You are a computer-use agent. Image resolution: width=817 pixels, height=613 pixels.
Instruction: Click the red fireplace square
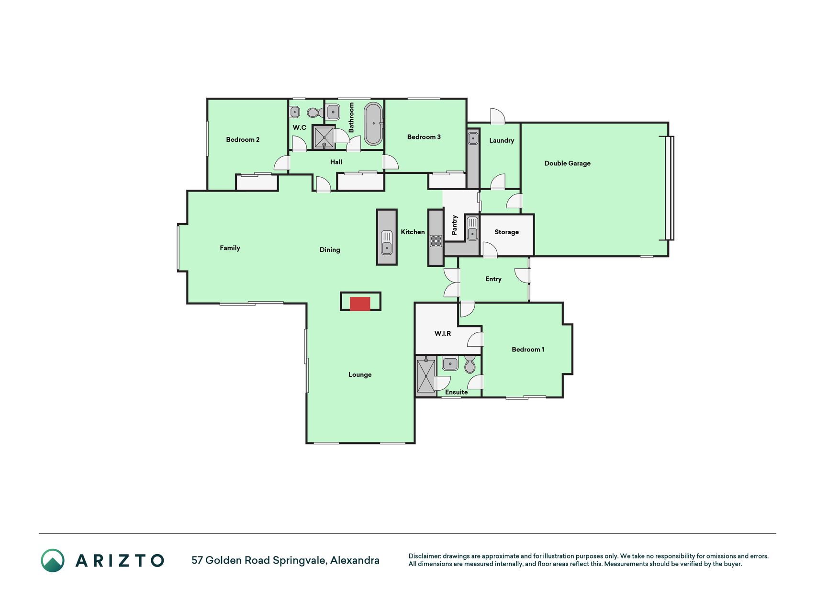pyautogui.click(x=360, y=304)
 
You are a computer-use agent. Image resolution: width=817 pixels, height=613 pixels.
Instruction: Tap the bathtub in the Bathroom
pyautogui.click(x=373, y=124)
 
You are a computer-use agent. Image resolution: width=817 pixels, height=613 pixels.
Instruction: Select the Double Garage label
pyautogui.click(x=567, y=163)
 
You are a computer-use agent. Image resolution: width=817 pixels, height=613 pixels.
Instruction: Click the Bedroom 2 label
pyautogui.click(x=243, y=139)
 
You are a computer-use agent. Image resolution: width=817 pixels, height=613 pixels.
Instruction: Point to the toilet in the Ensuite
pyautogui.click(x=470, y=364)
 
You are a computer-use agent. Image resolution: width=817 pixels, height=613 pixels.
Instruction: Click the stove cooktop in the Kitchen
pyautogui.click(x=436, y=240)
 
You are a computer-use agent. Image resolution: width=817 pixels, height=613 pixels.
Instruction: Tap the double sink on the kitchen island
pyautogui.click(x=387, y=242)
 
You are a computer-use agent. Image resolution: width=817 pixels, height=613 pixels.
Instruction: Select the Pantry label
pyautogui.click(x=454, y=225)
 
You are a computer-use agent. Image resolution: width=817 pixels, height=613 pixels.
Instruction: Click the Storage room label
pyautogui.click(x=506, y=232)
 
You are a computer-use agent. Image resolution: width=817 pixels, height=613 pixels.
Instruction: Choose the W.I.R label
pyautogui.click(x=443, y=333)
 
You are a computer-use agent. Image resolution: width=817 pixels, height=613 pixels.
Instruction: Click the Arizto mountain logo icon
pyautogui.click(x=53, y=560)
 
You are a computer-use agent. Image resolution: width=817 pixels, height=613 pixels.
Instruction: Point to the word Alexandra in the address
pyautogui.click(x=355, y=560)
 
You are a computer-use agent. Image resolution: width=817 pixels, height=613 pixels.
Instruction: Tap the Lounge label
pyautogui.click(x=360, y=375)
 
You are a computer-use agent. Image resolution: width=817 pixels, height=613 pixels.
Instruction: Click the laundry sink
pyautogui.click(x=473, y=138)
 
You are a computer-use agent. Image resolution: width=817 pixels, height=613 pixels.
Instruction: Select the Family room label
pyautogui.click(x=230, y=248)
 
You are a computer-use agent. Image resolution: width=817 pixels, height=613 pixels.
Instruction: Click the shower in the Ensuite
pyautogui.click(x=426, y=376)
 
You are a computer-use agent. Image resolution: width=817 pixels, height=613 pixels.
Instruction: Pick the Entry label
pyautogui.click(x=493, y=279)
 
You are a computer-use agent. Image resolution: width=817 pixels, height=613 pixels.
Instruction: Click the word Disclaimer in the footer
pyautogui.click(x=425, y=556)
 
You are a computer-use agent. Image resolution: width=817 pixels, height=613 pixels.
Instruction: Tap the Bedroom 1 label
pyautogui.click(x=528, y=349)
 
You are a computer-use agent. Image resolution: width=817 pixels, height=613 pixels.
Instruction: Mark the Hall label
pyautogui.click(x=336, y=162)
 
